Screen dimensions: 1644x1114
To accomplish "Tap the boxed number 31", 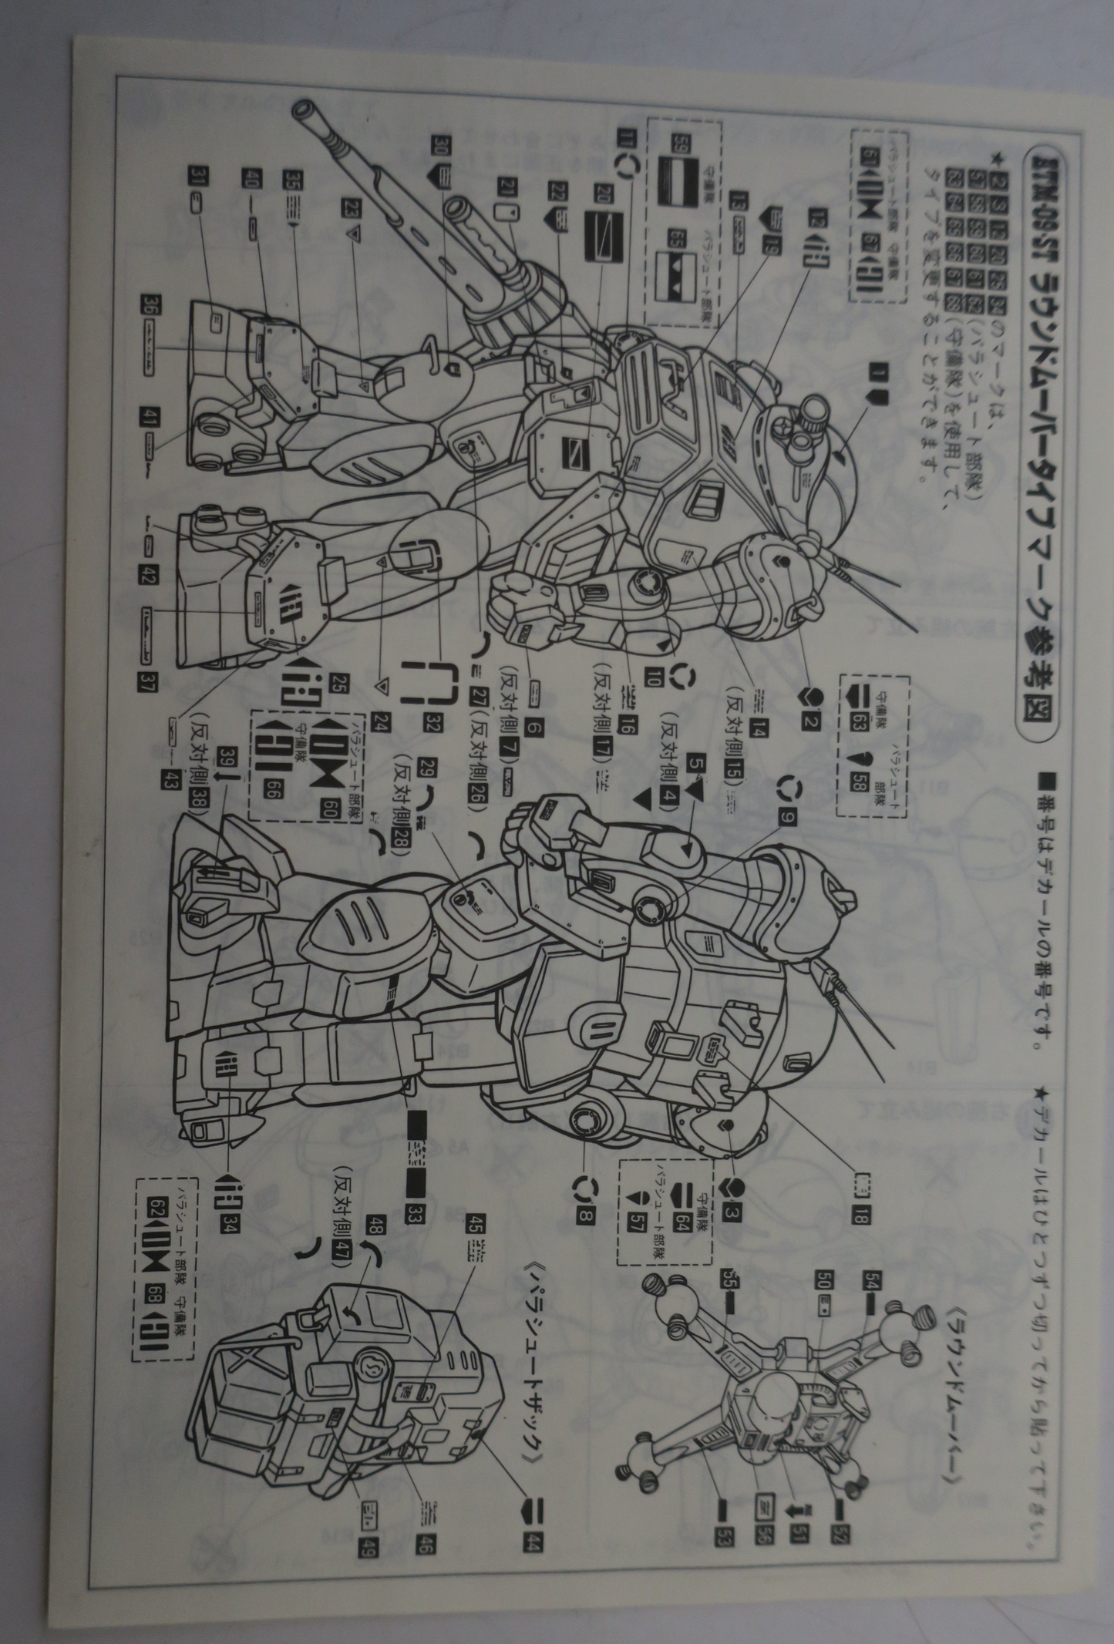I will pos(197,177).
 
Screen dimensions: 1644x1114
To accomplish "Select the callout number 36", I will pos(146,305).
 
